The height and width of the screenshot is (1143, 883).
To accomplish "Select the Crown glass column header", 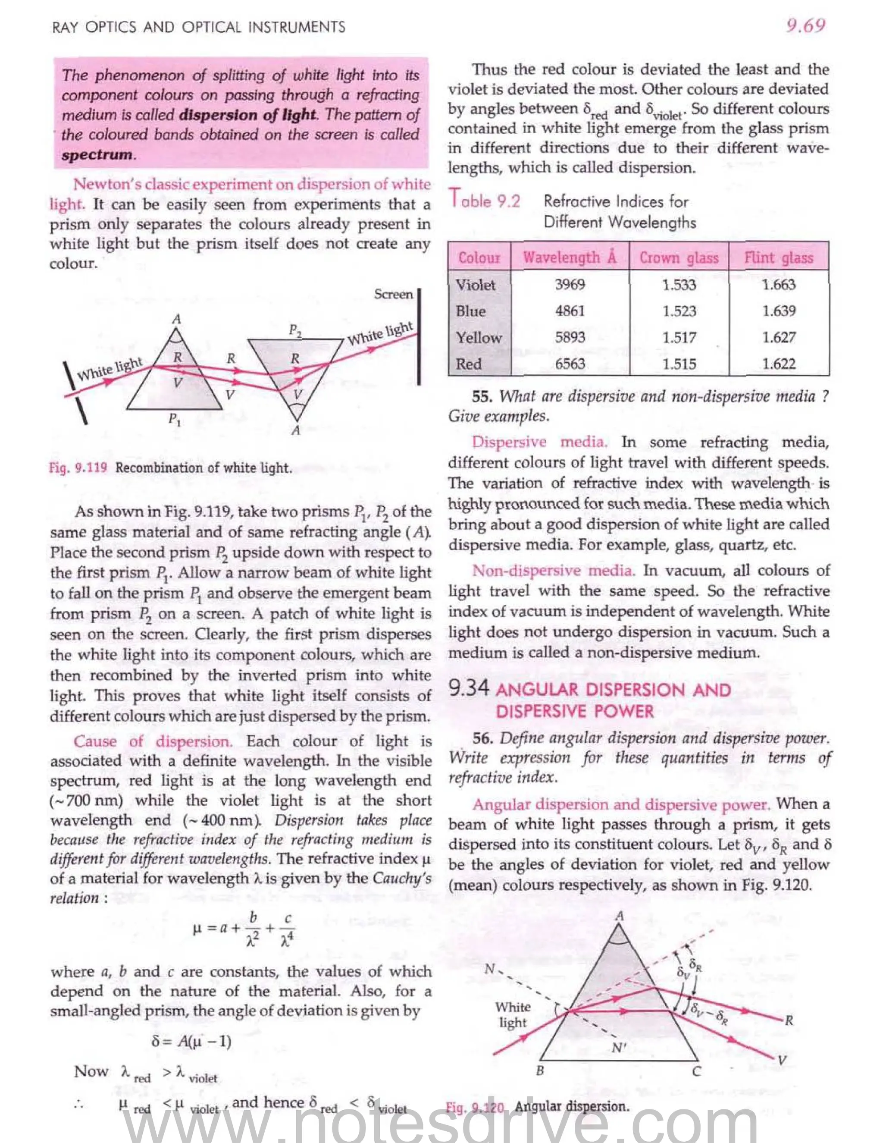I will click(679, 257).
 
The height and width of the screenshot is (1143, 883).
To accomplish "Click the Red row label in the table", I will click(468, 364).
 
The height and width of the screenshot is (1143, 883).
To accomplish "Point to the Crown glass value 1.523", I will click(679, 311).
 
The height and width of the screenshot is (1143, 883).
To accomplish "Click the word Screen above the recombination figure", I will click(393, 294).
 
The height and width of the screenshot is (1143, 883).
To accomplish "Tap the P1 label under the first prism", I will click(175, 419).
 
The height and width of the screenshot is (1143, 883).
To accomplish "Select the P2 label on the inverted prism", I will click(295, 330).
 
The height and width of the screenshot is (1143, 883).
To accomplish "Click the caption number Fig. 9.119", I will click(78, 468).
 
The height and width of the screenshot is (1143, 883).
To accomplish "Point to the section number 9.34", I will click(469, 688).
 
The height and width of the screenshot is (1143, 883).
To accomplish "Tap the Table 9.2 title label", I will click(484, 201).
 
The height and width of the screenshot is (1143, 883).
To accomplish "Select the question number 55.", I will click(482, 396).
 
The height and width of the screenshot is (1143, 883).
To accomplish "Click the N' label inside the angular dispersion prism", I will click(618, 1047).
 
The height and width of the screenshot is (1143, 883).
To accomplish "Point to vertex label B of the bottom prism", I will click(540, 1071).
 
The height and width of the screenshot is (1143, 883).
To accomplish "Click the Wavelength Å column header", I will click(570, 257).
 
